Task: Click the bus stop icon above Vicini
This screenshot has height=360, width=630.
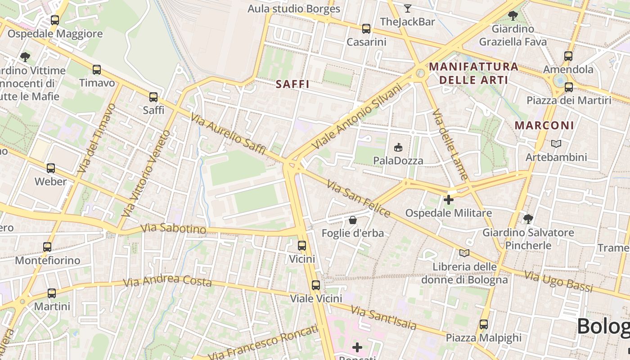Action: point(302,246)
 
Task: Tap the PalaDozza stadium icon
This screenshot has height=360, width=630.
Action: point(398,147)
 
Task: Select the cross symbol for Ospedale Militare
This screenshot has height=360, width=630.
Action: point(449,199)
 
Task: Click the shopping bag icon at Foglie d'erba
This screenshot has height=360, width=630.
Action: point(353,220)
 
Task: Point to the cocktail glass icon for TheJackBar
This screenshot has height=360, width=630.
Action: point(408,8)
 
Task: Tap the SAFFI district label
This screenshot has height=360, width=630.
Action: point(292,84)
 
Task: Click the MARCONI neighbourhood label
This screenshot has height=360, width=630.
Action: point(544,126)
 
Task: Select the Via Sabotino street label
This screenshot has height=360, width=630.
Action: point(173,229)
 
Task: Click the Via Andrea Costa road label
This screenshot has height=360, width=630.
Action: point(167,281)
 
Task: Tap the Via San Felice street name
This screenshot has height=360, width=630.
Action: point(358,198)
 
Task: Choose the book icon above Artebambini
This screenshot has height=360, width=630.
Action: point(556,144)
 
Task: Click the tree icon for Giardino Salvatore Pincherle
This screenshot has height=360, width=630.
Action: point(528,219)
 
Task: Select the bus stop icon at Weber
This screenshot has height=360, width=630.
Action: point(51,168)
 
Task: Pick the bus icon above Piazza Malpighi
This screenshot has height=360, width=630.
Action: point(484,324)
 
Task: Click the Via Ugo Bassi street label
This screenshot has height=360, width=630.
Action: point(558,281)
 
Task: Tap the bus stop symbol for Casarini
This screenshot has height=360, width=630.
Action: point(366,29)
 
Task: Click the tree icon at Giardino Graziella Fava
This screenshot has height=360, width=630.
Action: point(513,16)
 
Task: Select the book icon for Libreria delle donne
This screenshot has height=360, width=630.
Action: point(464,253)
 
